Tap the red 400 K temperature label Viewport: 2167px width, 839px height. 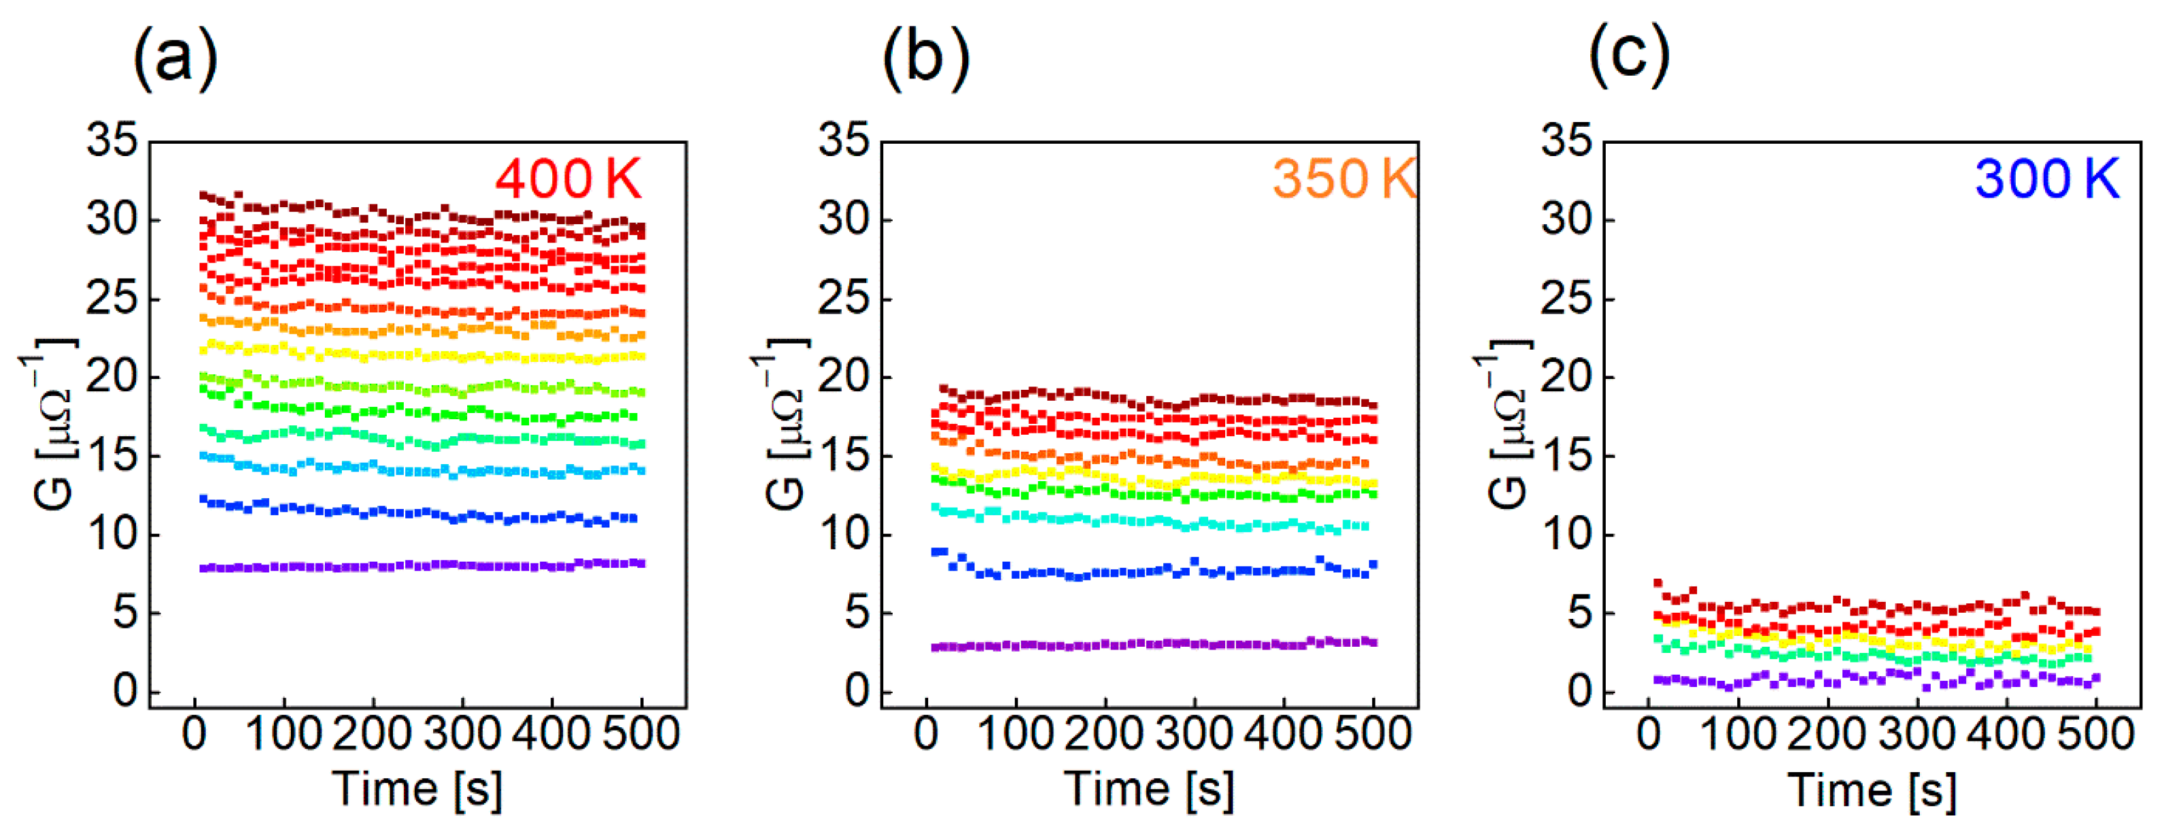click(568, 179)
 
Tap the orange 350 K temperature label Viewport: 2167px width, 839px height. click(1344, 179)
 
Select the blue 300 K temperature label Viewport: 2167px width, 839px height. click(2046, 179)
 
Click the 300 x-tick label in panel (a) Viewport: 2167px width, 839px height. click(462, 734)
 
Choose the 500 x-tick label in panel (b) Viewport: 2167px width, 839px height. click(1373, 734)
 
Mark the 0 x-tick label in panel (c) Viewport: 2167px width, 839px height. click(1649, 734)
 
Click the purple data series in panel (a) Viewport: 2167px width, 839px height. click(421, 566)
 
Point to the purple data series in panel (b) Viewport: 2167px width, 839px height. click(1152, 644)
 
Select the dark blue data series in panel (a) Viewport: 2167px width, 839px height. click(421, 513)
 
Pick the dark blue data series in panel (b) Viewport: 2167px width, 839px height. click(1152, 571)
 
